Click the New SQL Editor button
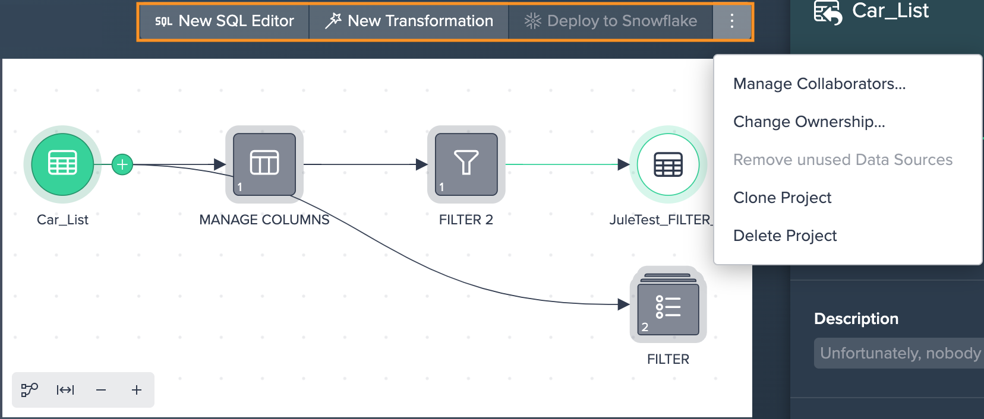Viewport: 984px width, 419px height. (225, 21)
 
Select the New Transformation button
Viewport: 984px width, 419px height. (409, 21)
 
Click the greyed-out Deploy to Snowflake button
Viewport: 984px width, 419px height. (611, 21)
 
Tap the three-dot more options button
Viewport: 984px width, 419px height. (732, 21)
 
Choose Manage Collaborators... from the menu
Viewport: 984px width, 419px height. (819, 83)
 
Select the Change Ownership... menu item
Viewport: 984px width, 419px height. (809, 122)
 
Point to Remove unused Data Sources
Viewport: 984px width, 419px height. (843, 160)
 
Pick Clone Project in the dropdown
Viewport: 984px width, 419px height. (783, 198)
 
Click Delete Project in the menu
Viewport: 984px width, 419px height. (785, 236)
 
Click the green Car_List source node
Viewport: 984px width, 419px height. (62, 164)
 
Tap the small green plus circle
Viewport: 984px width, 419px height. (122, 164)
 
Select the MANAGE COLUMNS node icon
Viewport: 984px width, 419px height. (264, 164)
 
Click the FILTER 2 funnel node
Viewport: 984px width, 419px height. (466, 164)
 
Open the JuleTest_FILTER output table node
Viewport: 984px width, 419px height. (668, 164)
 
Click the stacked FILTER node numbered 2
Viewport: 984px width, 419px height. (668, 305)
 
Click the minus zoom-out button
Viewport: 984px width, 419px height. (101, 390)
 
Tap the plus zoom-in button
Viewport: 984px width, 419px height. (137, 390)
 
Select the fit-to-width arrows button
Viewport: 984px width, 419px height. (65, 390)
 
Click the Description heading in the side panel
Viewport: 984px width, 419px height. (856, 319)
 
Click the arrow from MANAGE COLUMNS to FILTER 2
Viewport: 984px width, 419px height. (365, 164)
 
